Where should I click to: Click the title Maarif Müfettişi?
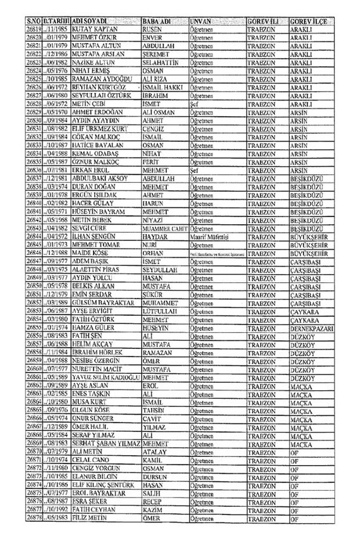coord(210,237)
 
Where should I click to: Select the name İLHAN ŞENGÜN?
coord(93,237)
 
